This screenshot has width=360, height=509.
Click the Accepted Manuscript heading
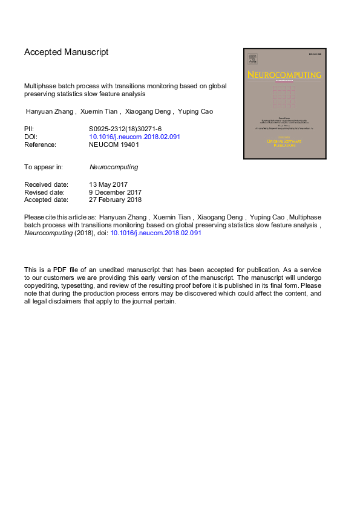coord(66,53)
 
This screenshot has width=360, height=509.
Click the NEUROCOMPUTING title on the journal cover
coord(284,75)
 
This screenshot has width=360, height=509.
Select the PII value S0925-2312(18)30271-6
coord(125,129)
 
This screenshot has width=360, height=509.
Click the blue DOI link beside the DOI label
coord(134,137)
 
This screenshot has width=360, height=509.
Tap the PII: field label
coord(29,129)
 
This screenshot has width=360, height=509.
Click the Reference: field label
coord(40,144)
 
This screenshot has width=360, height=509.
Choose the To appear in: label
coord(44,166)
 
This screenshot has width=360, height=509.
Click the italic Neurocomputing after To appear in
coord(113,166)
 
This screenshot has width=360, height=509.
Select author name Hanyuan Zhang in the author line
coord(50,111)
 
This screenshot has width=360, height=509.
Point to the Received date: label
coord(46,184)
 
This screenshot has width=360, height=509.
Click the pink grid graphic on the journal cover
coord(283,96)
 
